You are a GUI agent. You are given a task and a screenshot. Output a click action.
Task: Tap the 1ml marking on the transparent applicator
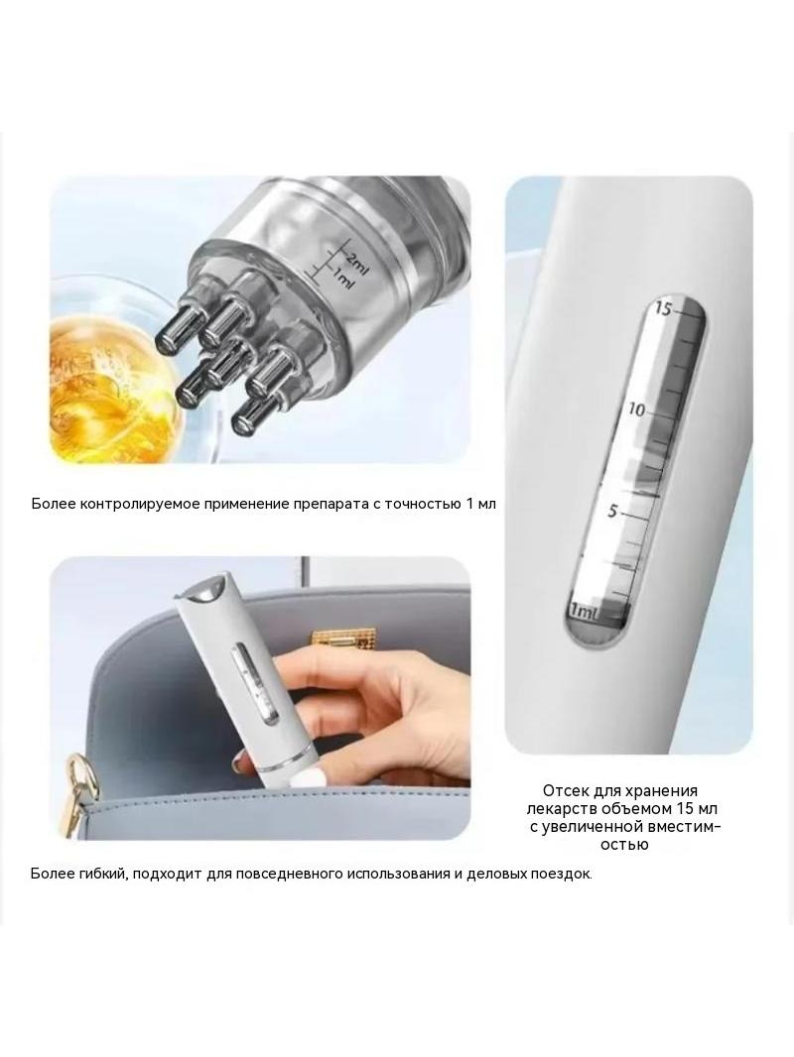342,277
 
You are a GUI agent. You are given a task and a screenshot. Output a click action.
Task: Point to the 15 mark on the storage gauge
664,309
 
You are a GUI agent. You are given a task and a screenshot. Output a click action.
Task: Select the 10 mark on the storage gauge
637,410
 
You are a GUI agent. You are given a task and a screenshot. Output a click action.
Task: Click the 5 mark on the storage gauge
611,511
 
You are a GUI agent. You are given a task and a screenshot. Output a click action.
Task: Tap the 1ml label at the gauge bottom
584,612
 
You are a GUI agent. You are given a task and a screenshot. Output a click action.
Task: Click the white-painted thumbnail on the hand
240,763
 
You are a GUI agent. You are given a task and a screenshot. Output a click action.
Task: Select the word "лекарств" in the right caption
558,808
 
